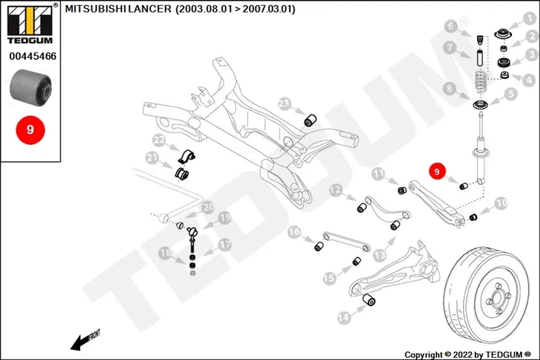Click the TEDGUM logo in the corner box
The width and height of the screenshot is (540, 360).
pyautogui.click(x=30, y=24)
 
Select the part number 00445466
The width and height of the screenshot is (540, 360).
pyautogui.click(x=33, y=56)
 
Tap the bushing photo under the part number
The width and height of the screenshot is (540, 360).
pyautogui.click(x=30, y=87)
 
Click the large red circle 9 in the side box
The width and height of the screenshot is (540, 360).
pyautogui.click(x=30, y=130)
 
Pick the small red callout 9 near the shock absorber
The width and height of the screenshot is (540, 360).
pyautogui.click(x=437, y=171)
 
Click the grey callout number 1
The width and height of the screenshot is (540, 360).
pyautogui.click(x=530, y=18)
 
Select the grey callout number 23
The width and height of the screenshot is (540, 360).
pyautogui.click(x=285, y=103)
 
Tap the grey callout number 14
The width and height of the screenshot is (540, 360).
pyautogui.click(x=344, y=317)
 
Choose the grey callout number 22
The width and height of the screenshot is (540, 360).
pyautogui.click(x=159, y=140)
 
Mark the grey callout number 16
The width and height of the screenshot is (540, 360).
pyautogui.click(x=294, y=232)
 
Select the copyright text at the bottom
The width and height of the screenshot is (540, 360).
pyautogui.click(x=468, y=355)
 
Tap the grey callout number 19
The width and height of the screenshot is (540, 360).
pyautogui.click(x=225, y=217)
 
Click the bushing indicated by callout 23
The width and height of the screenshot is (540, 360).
pyautogui.click(x=310, y=120)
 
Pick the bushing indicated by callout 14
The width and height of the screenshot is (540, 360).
pyautogui.click(x=370, y=299)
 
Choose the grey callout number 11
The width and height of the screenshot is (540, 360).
pyautogui.click(x=379, y=174)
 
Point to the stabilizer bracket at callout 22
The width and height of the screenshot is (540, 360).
pyautogui.click(x=186, y=157)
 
